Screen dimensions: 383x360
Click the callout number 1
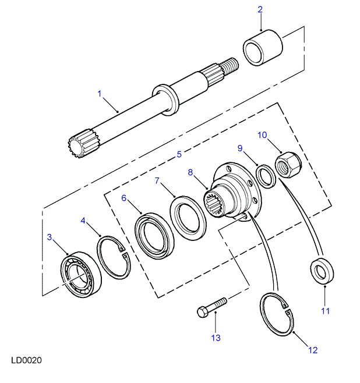[x=100, y=93]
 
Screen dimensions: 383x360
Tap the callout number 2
[x=260, y=9]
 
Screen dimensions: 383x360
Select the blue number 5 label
[x=179, y=154]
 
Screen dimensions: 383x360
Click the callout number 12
[x=312, y=350]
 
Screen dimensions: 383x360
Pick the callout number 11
[x=324, y=310]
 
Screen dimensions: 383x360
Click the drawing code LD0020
[x=25, y=360]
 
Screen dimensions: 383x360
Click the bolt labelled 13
[x=210, y=308]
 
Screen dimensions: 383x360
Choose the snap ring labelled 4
[x=114, y=257]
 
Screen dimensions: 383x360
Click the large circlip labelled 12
[x=277, y=314]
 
